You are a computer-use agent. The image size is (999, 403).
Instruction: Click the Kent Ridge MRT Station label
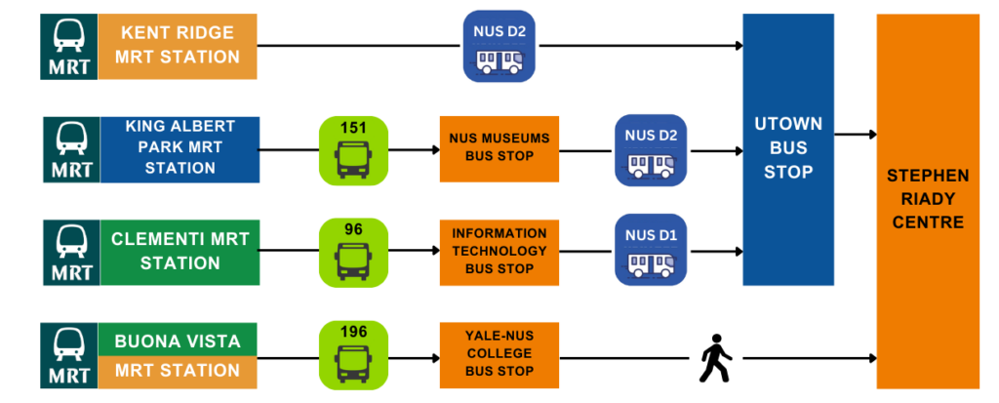pyautogui.click(x=177, y=45)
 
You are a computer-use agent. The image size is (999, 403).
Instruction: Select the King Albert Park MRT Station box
pyautogui.click(x=180, y=148)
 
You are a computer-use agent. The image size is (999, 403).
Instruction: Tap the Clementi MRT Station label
pyautogui.click(x=180, y=251)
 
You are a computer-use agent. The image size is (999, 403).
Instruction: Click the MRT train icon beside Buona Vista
pyautogui.click(x=71, y=353)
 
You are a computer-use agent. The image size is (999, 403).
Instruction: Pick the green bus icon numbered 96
pyautogui.click(x=353, y=251)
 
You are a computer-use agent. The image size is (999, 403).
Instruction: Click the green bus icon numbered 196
pyautogui.click(x=353, y=353)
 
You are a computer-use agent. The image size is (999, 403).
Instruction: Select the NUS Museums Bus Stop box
pyautogui.click(x=499, y=149)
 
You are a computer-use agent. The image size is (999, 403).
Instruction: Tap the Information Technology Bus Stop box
pyautogui.click(x=499, y=251)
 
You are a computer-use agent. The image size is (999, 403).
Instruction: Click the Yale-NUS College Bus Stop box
pyautogui.click(x=499, y=353)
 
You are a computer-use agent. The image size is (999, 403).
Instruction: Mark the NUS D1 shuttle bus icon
pyautogui.click(x=651, y=251)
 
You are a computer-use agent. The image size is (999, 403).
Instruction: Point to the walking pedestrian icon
pyautogui.click(x=715, y=358)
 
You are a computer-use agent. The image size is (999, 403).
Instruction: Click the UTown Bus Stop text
pyautogui.click(x=787, y=148)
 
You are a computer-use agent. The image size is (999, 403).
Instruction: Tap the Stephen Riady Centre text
pyautogui.click(x=927, y=199)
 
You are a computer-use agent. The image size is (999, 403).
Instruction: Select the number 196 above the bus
pyautogui.click(x=353, y=332)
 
